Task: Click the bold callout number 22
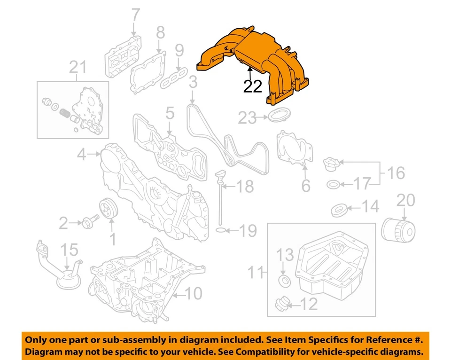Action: pos(252,87)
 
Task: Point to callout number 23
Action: pos(248,118)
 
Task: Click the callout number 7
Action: pos(135,15)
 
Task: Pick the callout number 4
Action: pos(82,154)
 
